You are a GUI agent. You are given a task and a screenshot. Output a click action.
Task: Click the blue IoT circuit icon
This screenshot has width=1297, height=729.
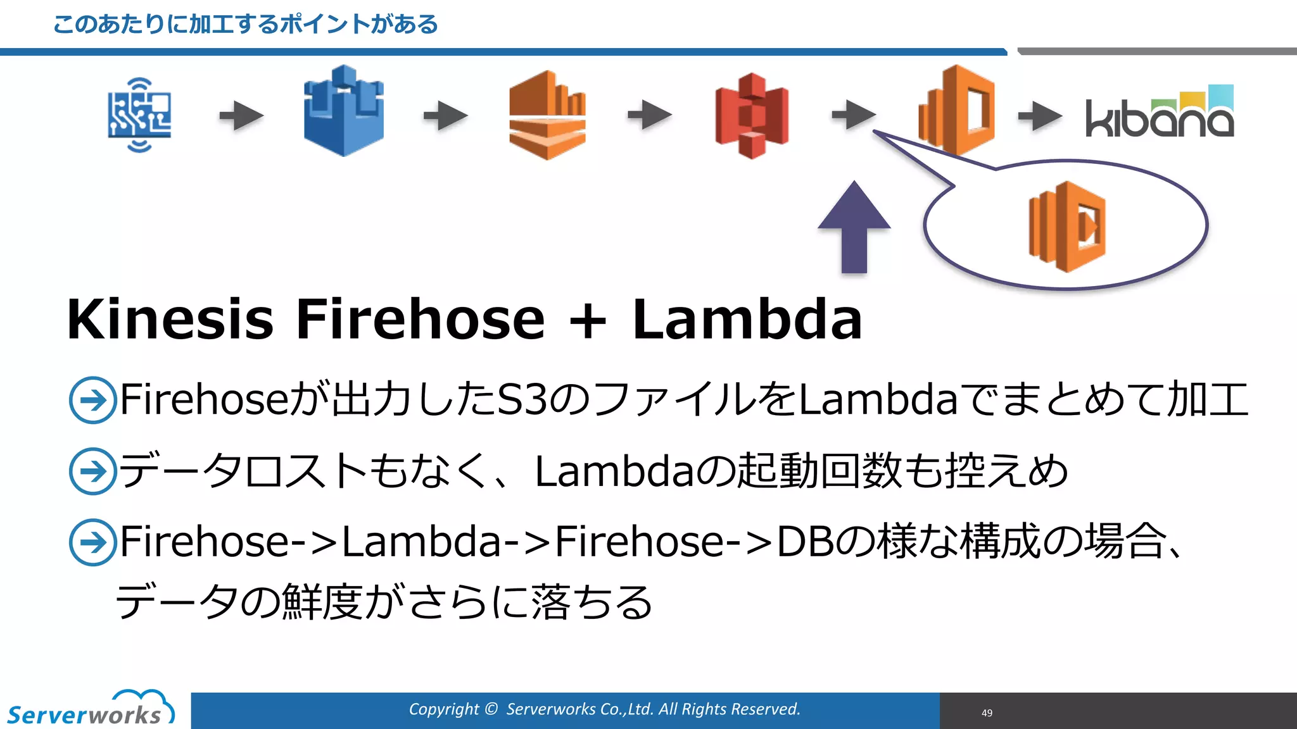[x=139, y=115]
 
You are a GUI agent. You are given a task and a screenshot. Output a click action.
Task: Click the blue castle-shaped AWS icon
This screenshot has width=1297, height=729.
[x=343, y=111]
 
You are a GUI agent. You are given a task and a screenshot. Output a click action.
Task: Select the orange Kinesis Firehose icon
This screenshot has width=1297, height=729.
[x=547, y=115]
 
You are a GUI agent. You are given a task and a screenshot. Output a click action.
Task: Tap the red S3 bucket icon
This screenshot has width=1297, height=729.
[x=752, y=116]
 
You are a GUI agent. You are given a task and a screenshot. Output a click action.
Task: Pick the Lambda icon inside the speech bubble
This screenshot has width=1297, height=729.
[x=1067, y=226]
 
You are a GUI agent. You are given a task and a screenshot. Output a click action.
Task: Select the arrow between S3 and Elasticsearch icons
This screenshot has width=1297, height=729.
[x=853, y=115]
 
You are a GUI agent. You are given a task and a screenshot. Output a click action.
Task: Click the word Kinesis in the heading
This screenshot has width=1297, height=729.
[x=170, y=320]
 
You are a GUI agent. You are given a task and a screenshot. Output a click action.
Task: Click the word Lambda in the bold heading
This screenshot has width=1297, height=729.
[x=747, y=320]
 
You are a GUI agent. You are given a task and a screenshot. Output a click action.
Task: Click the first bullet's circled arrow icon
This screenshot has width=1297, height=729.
[x=92, y=400]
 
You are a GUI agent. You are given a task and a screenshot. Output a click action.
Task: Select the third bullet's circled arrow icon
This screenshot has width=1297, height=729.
[x=92, y=542]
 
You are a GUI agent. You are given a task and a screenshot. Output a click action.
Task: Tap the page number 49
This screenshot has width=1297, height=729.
[x=987, y=713]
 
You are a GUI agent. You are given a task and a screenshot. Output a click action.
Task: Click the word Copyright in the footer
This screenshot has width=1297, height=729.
[x=443, y=709]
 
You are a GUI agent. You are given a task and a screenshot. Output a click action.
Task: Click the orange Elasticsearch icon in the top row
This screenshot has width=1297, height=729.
[x=956, y=111]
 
